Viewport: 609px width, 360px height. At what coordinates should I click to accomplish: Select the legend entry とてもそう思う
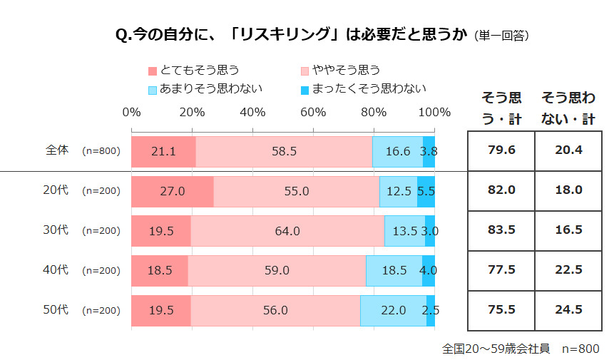click(x=193, y=70)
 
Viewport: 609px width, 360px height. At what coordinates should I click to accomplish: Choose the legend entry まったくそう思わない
click(x=364, y=89)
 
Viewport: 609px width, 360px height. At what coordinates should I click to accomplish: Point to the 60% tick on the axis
click(x=313, y=112)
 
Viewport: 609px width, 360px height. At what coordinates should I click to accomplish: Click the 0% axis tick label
click(x=131, y=112)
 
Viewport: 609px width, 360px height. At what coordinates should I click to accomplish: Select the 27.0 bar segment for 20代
click(x=173, y=190)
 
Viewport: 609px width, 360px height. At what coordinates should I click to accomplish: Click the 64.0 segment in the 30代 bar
click(x=287, y=230)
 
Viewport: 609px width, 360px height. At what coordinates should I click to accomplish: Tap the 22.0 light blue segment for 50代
click(x=393, y=310)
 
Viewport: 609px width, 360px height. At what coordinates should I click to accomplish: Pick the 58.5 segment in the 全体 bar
click(x=284, y=150)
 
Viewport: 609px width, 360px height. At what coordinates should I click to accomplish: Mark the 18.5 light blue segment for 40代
click(x=394, y=270)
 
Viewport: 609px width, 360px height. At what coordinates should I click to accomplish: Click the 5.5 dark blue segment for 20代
click(x=426, y=190)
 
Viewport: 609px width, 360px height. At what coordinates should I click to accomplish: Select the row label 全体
click(x=57, y=150)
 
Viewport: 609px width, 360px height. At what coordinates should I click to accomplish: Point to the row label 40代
click(x=57, y=270)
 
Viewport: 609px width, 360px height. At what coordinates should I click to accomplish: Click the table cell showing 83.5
click(x=501, y=230)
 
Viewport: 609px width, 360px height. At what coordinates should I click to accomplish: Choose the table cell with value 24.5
click(x=568, y=310)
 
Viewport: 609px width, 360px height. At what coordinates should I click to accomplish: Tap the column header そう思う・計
click(x=501, y=108)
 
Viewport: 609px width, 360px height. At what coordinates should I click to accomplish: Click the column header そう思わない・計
click(x=568, y=108)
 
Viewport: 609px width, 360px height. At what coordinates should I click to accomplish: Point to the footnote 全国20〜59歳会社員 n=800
click(x=521, y=349)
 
